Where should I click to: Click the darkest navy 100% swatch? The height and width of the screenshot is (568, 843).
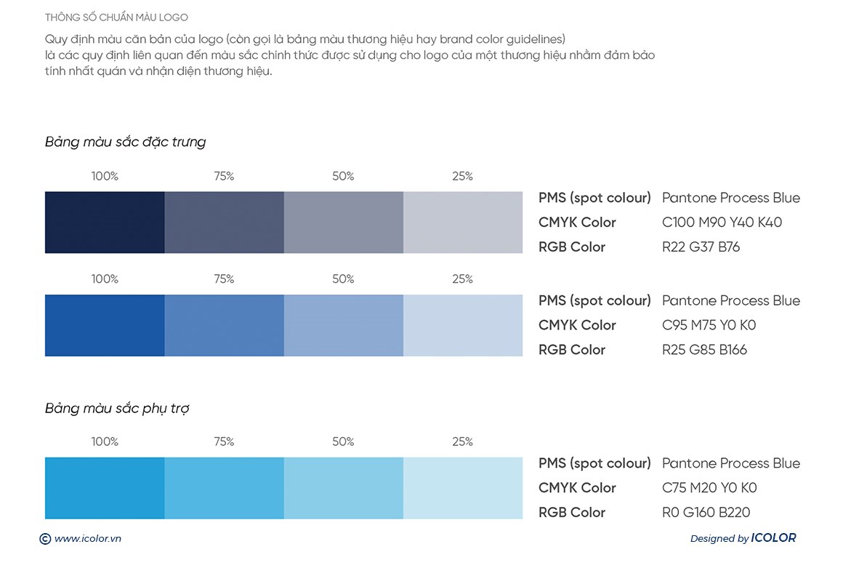tap(105, 223)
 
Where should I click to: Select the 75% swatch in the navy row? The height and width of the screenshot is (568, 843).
tap(224, 223)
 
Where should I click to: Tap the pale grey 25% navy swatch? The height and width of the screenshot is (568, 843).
tap(463, 223)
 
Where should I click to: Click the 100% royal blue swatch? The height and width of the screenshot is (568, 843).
tap(105, 325)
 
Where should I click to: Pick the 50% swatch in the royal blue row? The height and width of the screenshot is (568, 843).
tap(343, 325)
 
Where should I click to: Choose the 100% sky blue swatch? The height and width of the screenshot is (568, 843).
tap(105, 488)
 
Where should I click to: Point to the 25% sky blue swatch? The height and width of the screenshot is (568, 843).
tap(463, 488)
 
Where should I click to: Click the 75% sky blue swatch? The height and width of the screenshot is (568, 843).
tap(224, 488)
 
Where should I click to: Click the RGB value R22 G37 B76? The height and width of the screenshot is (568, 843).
tap(701, 247)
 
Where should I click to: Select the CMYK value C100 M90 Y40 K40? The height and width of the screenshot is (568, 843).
tap(722, 223)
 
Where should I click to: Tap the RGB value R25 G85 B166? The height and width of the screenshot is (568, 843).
tap(704, 350)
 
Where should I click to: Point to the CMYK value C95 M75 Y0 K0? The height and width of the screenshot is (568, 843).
tap(709, 325)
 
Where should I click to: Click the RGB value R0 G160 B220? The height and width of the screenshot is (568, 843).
tap(706, 513)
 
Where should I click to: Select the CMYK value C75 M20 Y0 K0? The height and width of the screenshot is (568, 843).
tap(709, 488)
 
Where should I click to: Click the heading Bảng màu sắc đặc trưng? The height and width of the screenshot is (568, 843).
tap(125, 142)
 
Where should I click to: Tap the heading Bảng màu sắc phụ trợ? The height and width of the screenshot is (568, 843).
tap(117, 409)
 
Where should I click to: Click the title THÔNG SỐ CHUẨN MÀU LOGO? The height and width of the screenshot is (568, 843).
tap(116, 17)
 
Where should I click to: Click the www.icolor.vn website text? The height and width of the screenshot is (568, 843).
tap(87, 539)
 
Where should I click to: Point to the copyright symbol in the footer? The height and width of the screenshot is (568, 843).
tap(45, 539)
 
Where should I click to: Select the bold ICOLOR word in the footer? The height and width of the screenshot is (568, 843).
tap(773, 538)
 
